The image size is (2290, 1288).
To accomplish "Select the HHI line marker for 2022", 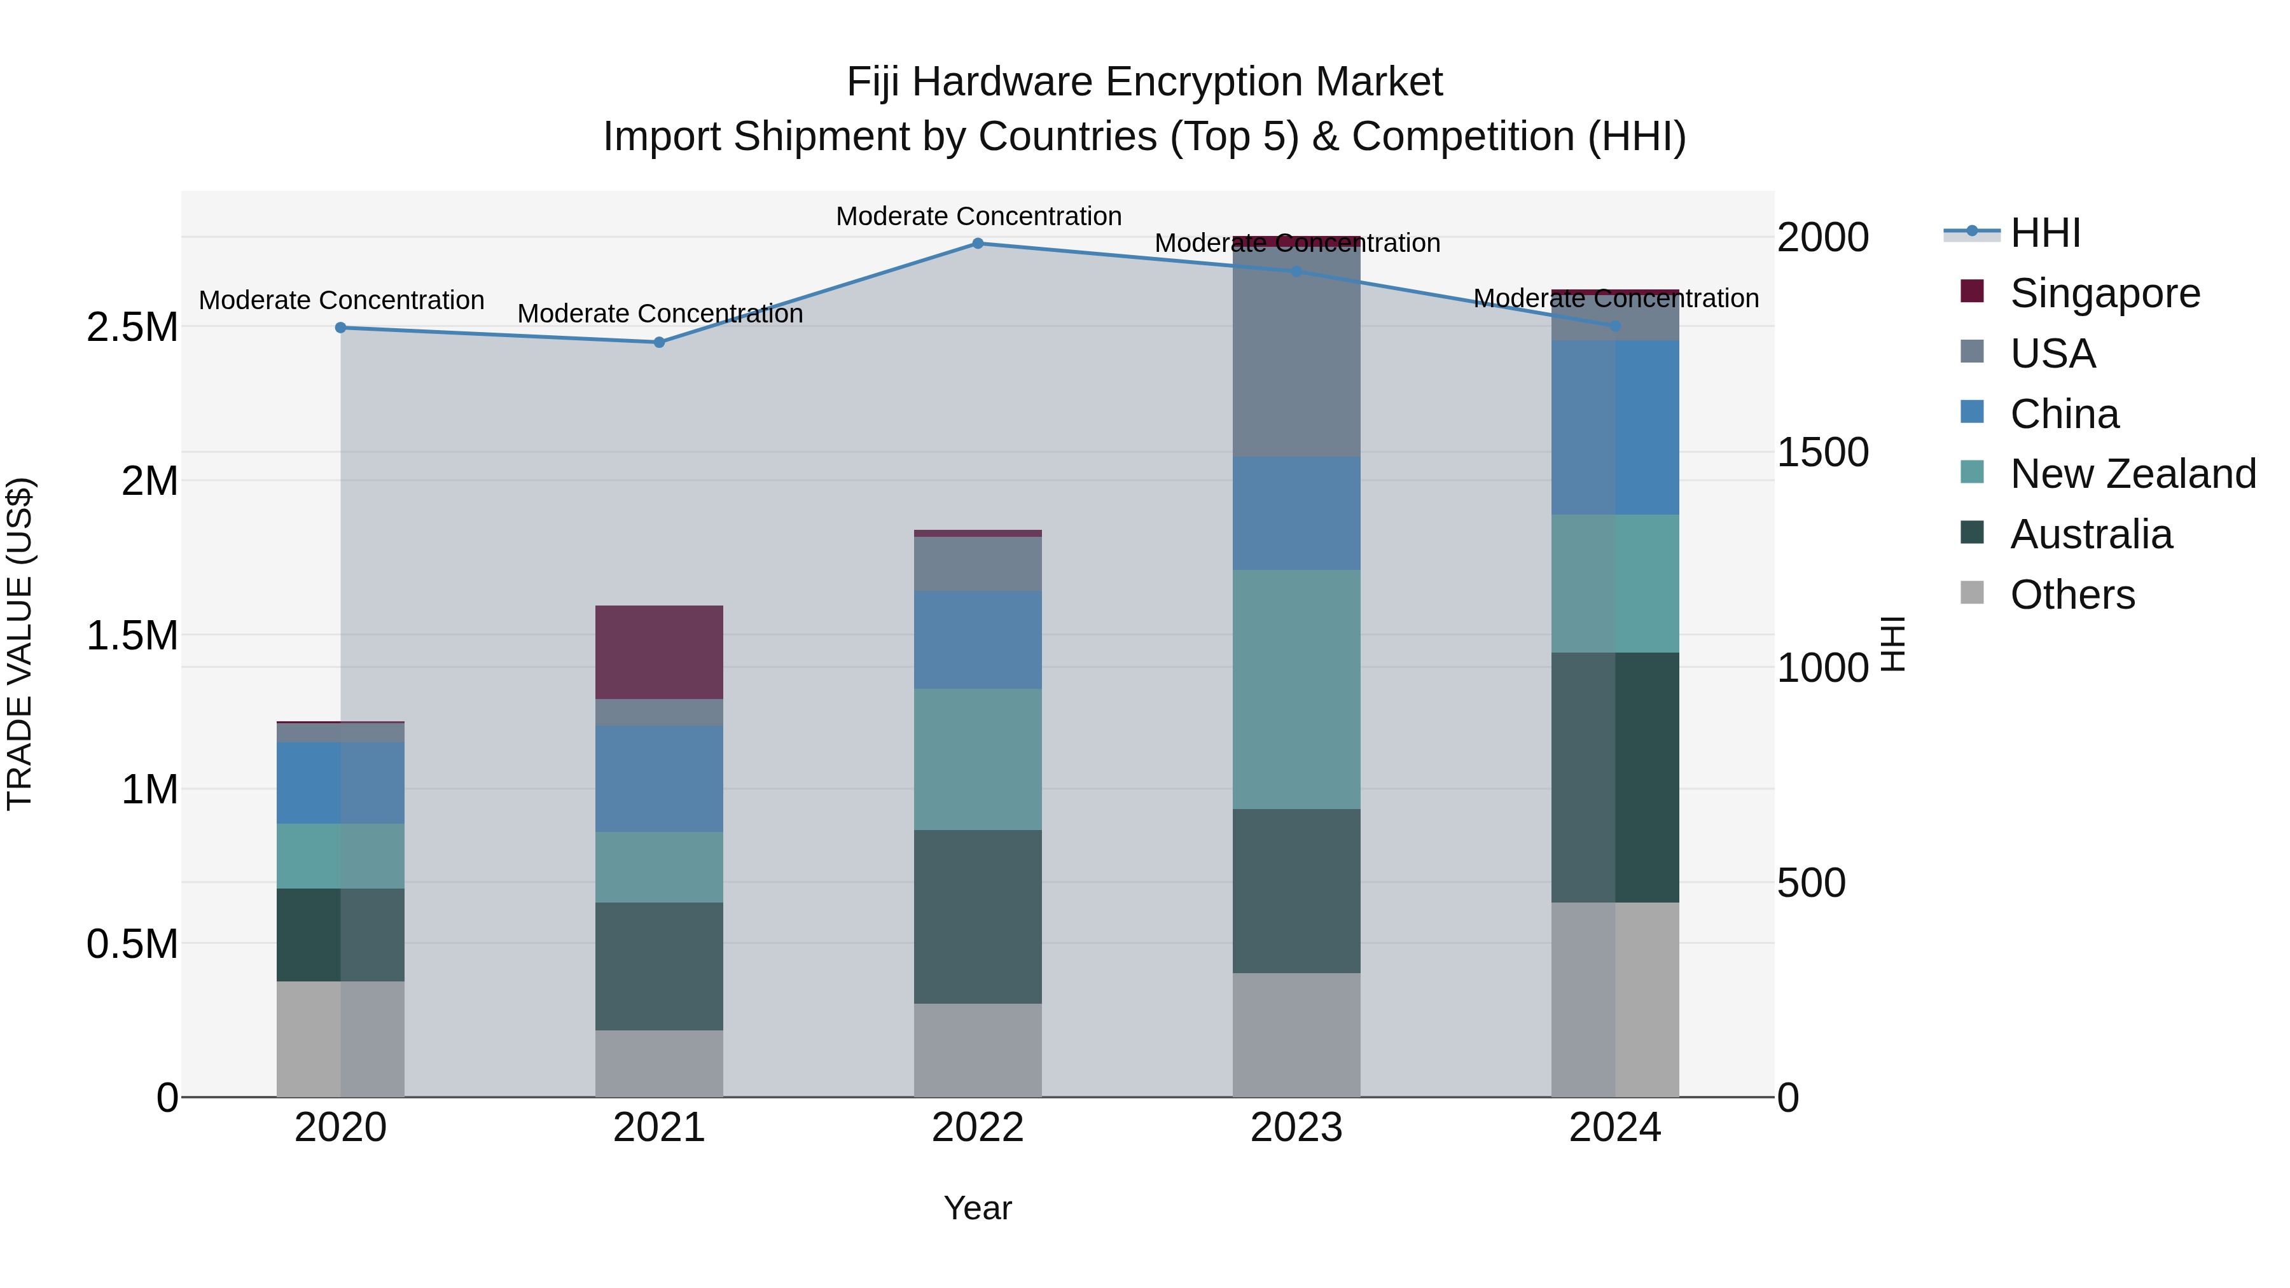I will click(x=977, y=244).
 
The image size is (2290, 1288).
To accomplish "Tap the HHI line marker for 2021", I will click(x=659, y=342).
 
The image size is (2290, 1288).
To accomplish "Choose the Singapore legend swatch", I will click(x=1972, y=291).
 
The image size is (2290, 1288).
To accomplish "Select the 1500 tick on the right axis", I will click(x=1822, y=452).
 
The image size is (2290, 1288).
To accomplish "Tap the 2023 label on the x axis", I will click(x=1296, y=1128).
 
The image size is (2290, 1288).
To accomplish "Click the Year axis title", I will click(x=977, y=1208).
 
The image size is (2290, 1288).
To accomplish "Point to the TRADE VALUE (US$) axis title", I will click(x=20, y=644).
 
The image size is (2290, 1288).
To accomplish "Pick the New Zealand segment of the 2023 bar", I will click(x=1296, y=689).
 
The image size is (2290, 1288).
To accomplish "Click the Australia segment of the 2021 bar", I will click(x=659, y=966).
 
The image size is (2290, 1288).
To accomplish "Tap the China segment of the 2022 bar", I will click(x=977, y=639).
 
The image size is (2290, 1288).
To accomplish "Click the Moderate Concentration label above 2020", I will click(x=342, y=300).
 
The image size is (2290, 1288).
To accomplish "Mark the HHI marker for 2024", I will click(x=1614, y=326).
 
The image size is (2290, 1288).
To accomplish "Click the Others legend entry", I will click(x=2071, y=595).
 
